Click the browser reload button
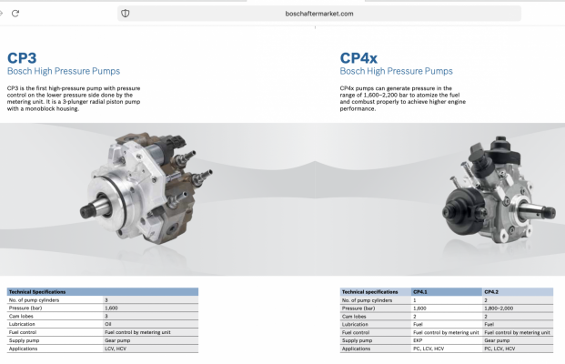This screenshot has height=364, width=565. pyautogui.click(x=15, y=14)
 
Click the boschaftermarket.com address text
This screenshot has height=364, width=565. pyautogui.click(x=319, y=14)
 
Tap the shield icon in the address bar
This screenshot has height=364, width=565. pyautogui.click(x=125, y=14)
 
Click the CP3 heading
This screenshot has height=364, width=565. pyautogui.click(x=22, y=58)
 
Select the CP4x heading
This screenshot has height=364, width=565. pyautogui.click(x=358, y=58)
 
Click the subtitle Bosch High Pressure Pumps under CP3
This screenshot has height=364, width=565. pyautogui.click(x=64, y=71)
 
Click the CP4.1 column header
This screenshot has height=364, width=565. pyautogui.click(x=420, y=292)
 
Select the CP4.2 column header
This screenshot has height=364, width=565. pyautogui.click(x=491, y=292)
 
